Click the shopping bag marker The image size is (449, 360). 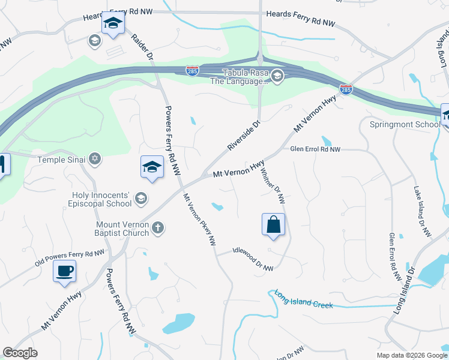(x=273, y=225)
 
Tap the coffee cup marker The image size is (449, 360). (x=65, y=271)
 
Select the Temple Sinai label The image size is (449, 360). (x=62, y=160)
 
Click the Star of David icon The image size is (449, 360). (x=94, y=159)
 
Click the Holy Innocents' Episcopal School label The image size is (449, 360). (x=101, y=199)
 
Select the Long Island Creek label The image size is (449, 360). (x=304, y=299)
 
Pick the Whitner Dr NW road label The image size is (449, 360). (x=273, y=185)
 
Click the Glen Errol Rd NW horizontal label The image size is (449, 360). (x=315, y=149)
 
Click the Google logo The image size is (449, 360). (x=20, y=353)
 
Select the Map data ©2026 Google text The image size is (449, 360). (x=412, y=355)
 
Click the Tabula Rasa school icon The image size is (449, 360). (x=277, y=76)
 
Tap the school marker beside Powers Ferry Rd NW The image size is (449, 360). (x=152, y=167)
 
